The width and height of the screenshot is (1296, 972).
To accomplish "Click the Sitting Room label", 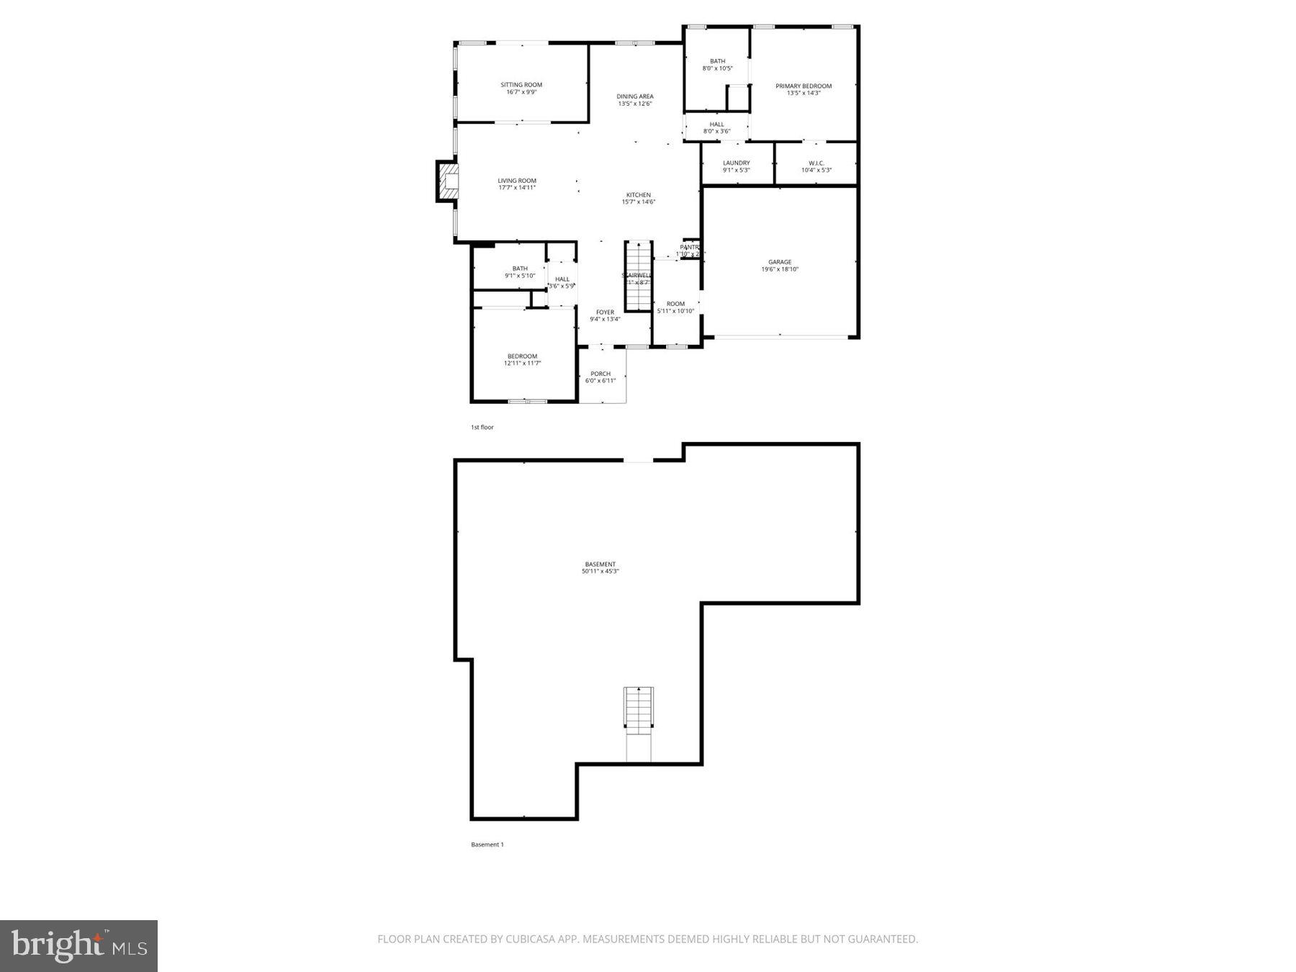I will (521, 85).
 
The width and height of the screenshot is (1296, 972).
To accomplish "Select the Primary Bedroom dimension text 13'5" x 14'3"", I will (804, 93).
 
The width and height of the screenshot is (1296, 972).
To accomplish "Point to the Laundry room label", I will (736, 163).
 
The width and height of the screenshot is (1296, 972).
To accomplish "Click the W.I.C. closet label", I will (816, 163).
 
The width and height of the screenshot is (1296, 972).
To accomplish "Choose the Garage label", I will (780, 262).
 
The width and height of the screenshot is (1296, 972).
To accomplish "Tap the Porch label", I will (600, 374).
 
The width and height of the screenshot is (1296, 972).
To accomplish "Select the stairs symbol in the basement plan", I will (638, 708).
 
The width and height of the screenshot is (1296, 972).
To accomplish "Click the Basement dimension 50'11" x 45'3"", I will (600, 572).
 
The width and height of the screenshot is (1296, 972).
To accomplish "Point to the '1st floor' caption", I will (482, 428).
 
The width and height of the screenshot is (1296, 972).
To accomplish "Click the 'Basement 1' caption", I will (487, 845).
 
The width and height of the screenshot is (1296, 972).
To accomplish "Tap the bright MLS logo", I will (78, 945).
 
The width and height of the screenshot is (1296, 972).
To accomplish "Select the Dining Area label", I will (635, 96).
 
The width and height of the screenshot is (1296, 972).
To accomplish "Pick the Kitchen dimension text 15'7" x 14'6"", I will (639, 202).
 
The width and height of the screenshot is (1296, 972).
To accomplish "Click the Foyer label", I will (605, 312).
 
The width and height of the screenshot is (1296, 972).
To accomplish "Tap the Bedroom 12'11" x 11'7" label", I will (522, 356).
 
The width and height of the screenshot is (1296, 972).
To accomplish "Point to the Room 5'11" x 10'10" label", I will (675, 304).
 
